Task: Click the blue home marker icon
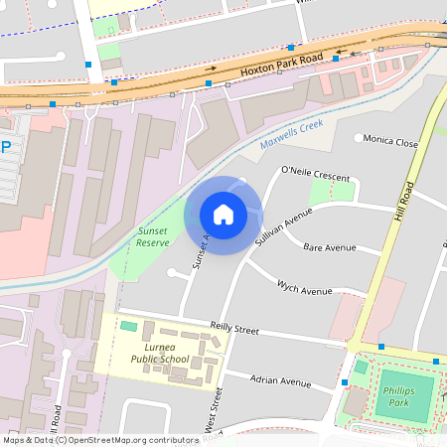click(223, 215)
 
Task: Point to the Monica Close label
click(390, 141)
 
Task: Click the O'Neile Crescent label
click(316, 175)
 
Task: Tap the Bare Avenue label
click(329, 246)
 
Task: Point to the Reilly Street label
click(234, 328)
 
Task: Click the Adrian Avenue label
click(281, 381)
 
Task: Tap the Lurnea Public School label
click(159, 353)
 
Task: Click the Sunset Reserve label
click(153, 236)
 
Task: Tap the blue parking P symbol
click(6, 146)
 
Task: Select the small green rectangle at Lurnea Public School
click(129, 326)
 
